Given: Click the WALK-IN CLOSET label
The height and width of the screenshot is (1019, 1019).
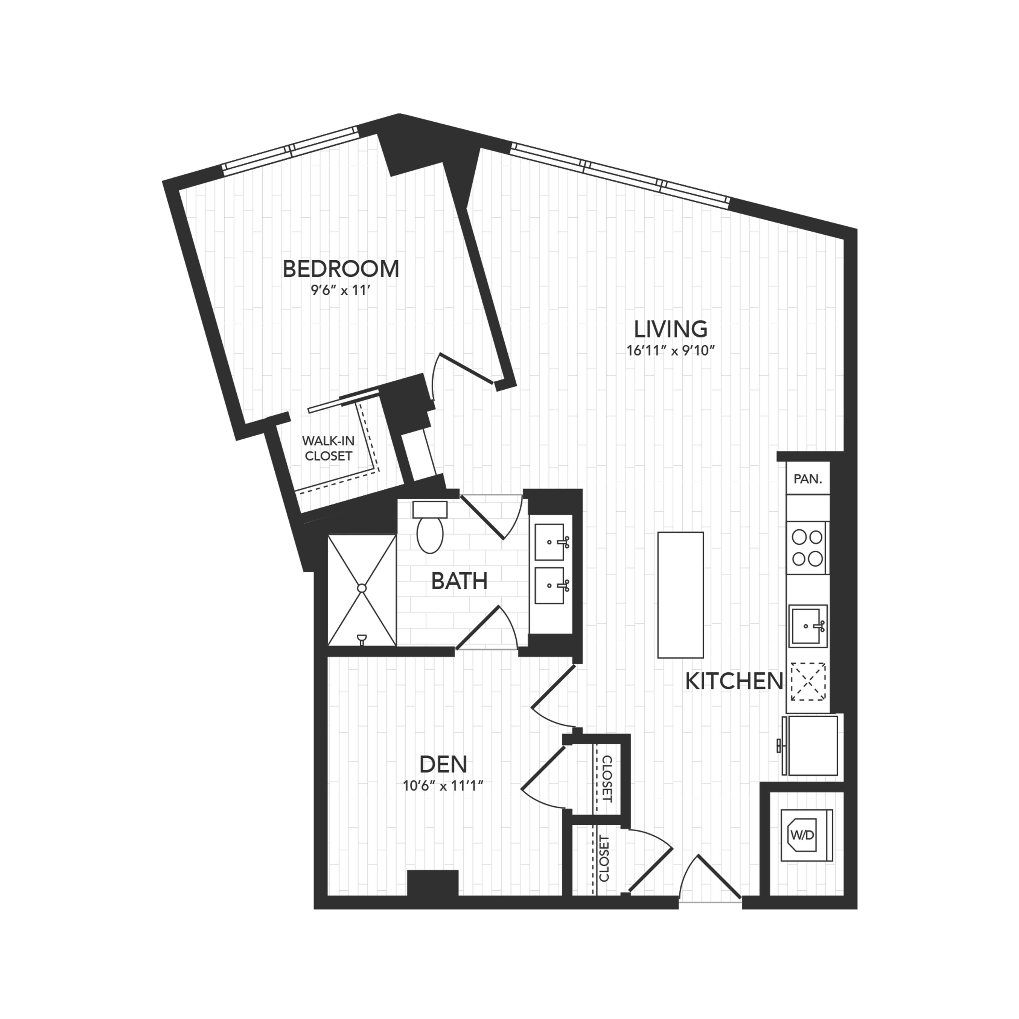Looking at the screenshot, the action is click(328, 448).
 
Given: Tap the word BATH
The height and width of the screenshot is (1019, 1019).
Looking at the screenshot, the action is click(459, 581).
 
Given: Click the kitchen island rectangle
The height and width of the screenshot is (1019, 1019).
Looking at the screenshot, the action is click(680, 595).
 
